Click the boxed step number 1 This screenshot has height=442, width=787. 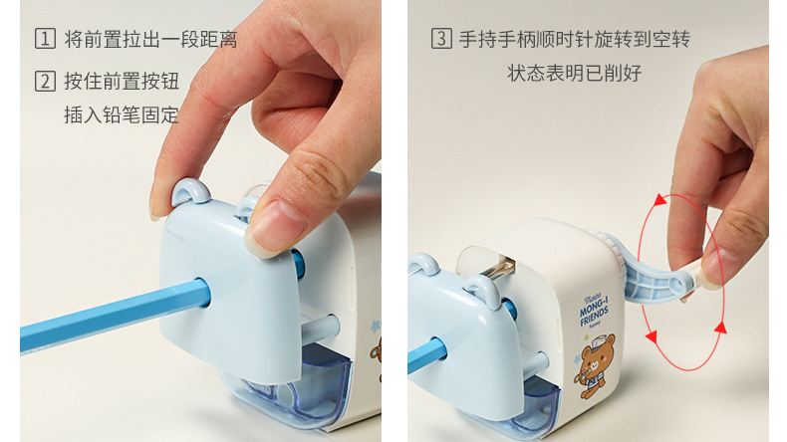pos(45,39)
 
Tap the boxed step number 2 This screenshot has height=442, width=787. pos(45,81)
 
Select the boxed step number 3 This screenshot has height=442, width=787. pos(441,39)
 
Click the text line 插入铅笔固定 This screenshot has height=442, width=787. pos(121,114)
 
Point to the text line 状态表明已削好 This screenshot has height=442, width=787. pos(574,74)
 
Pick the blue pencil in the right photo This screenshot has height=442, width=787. pos(426,355)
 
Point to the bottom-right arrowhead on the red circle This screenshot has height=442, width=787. pos(720,328)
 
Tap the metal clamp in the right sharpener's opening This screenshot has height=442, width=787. pos(498,269)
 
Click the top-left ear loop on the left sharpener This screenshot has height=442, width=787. pos(190,191)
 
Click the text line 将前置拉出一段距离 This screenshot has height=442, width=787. pos(150,39)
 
